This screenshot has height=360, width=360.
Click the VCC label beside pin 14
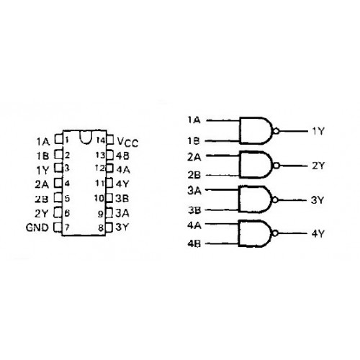click(x=128, y=142)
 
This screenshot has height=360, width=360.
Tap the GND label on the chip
click(x=37, y=228)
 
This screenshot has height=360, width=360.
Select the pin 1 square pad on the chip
click(x=59, y=139)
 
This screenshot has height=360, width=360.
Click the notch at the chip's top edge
click(x=86, y=138)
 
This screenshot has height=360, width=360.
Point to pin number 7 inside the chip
click(x=67, y=227)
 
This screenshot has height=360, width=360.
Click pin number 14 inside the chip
click(x=101, y=140)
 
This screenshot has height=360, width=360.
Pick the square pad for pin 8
click(x=109, y=228)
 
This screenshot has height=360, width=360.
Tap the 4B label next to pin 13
click(x=122, y=156)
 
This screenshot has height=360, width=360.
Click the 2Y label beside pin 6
click(x=42, y=213)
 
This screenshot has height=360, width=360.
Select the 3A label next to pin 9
click(x=122, y=213)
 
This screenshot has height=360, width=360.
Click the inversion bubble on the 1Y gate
click(x=276, y=131)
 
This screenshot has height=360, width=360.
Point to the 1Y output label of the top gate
click(x=318, y=131)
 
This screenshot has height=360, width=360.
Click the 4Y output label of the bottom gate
click(x=318, y=233)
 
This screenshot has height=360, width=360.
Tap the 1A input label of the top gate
click(x=194, y=120)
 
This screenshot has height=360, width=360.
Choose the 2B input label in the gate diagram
click(x=194, y=175)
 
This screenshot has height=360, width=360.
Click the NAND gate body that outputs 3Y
click(x=256, y=199)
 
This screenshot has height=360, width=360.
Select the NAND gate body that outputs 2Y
click(x=256, y=165)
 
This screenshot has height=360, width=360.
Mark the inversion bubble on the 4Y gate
click(x=275, y=233)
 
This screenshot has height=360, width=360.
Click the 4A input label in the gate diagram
click(x=194, y=225)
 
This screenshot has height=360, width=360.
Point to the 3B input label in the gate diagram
click(x=194, y=210)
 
